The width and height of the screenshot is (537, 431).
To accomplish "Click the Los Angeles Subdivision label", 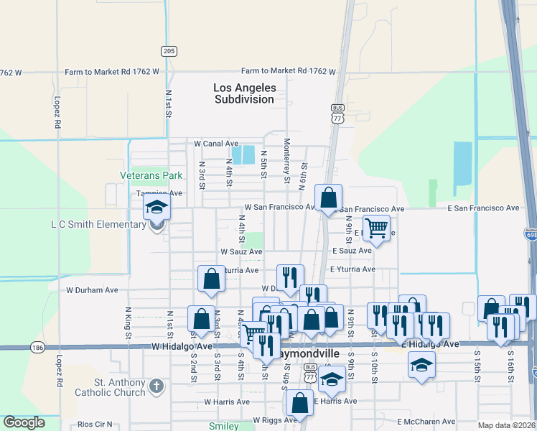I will pos(244,93).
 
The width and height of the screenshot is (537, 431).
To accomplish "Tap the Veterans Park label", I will pos(151,175).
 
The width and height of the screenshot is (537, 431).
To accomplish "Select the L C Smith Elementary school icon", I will pos(156,209).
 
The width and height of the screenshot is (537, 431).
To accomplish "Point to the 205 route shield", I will pos(168,51).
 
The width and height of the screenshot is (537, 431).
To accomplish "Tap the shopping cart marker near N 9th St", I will pos(376,228).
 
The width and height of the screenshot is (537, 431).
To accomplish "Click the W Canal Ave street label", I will pos(216,144).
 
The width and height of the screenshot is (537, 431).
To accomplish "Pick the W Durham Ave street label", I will pos(92,290).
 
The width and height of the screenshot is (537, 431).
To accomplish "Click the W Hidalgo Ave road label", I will pos(182,346).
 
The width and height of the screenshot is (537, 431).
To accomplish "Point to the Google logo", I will pos(24,422).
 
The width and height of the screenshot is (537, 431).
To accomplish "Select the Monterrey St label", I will pos(286,160).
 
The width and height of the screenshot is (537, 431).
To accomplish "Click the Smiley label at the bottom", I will pos(224,426).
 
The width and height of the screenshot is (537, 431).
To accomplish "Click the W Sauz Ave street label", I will pos(241,252).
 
